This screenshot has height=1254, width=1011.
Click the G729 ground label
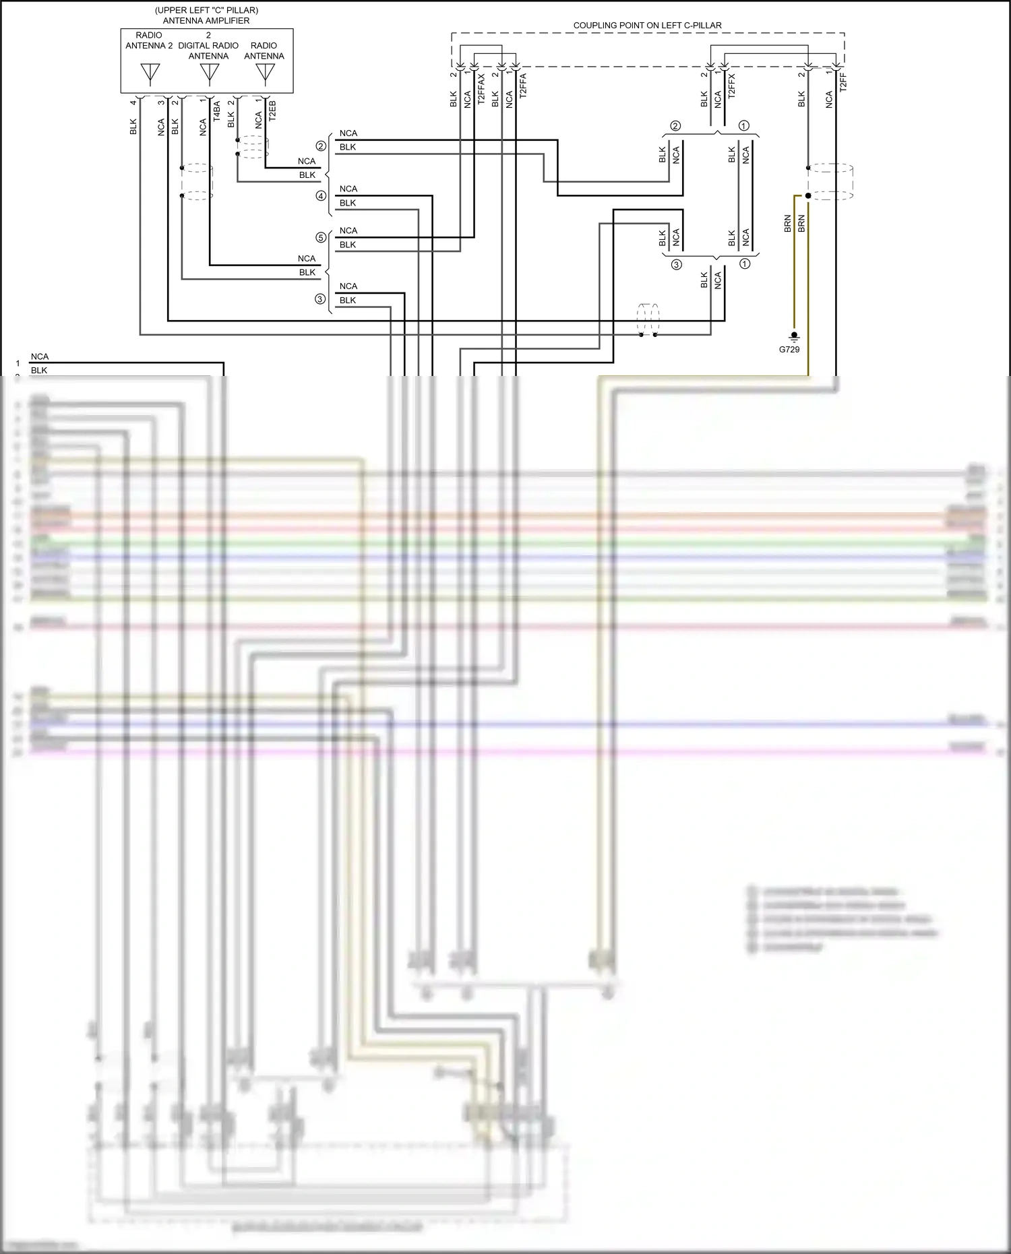[789, 349]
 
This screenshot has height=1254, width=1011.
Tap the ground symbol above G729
[794, 336]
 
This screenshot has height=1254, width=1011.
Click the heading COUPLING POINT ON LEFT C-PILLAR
[647, 26]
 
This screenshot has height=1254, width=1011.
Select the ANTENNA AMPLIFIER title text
[206, 20]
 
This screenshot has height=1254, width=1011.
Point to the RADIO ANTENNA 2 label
[149, 40]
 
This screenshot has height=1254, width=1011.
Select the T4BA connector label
[216, 111]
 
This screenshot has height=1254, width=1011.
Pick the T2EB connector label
[272, 111]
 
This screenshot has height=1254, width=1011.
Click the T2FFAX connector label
[481, 89]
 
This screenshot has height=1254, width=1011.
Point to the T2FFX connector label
[731, 86]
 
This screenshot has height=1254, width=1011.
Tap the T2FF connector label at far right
[842, 82]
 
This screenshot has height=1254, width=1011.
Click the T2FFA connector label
[523, 86]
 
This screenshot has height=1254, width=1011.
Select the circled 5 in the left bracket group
[321, 237]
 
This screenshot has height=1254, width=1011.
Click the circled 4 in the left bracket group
[321, 196]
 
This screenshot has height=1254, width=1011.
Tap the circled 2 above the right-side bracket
[675, 126]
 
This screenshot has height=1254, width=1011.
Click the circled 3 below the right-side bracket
[676, 265]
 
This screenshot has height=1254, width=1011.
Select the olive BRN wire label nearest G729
[787, 224]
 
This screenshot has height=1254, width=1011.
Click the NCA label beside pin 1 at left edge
[40, 356]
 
